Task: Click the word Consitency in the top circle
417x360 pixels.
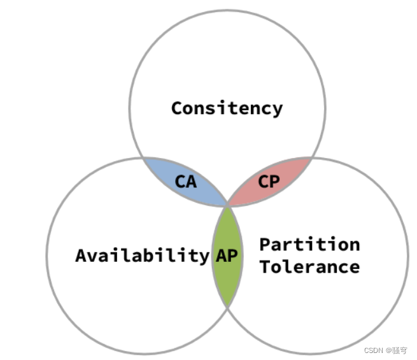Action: tap(227, 108)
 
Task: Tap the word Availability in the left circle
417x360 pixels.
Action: tap(142, 256)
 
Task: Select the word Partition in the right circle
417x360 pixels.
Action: tap(309, 244)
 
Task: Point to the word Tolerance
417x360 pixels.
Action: tap(309, 266)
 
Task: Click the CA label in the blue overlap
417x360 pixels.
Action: tap(186, 182)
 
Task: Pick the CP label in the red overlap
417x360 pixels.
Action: tap(269, 182)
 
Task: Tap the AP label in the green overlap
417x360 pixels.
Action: tap(227, 256)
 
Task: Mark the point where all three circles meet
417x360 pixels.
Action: tap(227, 206)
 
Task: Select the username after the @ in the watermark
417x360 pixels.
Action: tap(399, 350)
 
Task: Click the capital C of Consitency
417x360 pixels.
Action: tap(178, 108)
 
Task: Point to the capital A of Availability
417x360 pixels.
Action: tap(81, 256)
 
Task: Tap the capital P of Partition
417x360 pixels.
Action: tap(265, 244)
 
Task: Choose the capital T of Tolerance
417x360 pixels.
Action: tap(265, 266)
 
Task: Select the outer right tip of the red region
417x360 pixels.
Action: tap(312, 158)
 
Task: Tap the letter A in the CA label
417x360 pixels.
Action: tap(191, 182)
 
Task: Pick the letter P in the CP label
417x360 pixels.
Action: tap(274, 182)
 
